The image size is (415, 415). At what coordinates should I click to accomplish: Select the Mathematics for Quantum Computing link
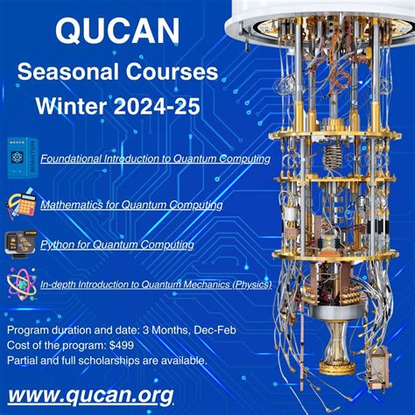(131, 205)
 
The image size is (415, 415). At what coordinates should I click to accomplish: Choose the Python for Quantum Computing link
(117, 245)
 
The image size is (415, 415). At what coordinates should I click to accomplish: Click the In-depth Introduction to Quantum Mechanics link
(156, 285)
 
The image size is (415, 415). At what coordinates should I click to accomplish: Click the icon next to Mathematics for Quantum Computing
(20, 204)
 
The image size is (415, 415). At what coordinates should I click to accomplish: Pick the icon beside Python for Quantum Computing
(19, 243)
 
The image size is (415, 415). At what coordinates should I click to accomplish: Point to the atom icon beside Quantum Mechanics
(19, 284)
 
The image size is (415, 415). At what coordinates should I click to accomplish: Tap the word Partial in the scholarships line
(22, 360)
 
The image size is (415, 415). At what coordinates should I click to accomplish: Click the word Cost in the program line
(18, 345)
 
